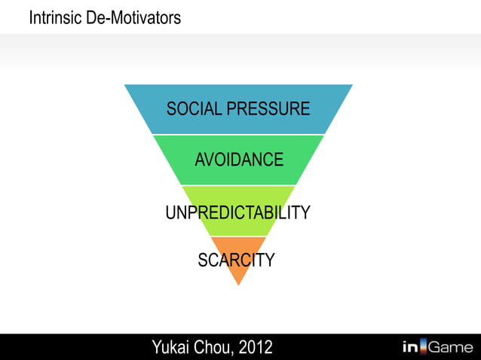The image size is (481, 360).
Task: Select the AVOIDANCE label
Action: (x=239, y=160)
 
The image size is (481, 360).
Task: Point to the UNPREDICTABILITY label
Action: (x=237, y=212)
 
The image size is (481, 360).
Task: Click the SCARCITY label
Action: (x=236, y=261)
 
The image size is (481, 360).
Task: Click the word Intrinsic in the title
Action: (x=51, y=17)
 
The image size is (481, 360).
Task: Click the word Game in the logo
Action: (x=451, y=347)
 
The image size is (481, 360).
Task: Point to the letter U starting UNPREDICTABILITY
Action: (x=170, y=212)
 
